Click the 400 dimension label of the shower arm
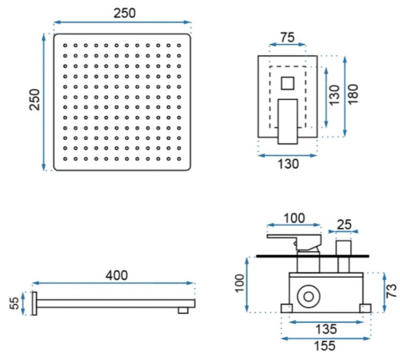coord(117,275)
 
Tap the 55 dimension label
coord(14,303)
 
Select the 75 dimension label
coord(287,38)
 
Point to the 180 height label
coord(353,94)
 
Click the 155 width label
coord(325,346)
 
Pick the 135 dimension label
coord(326,330)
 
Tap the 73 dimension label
coord(391,291)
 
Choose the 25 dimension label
coord(344,225)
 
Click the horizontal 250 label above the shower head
coord(125,14)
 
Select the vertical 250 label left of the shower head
coord(34,99)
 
